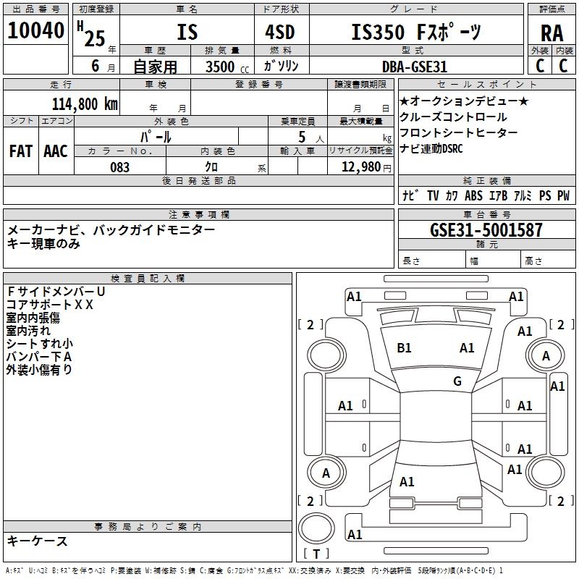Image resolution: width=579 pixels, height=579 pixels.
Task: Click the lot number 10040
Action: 35,31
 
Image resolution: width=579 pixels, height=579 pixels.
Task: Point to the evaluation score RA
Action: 551,33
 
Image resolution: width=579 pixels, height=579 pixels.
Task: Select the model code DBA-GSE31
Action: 415,67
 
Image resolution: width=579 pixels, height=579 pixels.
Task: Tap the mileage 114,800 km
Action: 85,103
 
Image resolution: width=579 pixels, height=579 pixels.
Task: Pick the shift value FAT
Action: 20,151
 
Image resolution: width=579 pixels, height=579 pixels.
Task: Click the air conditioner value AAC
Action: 55,151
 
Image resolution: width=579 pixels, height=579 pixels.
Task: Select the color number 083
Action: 119,167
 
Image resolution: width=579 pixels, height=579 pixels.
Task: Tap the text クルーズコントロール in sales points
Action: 453,117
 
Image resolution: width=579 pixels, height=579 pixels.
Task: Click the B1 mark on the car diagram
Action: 404,348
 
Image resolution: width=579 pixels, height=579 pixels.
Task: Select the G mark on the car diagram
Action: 457,381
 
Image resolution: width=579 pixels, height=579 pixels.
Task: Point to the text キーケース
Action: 38,541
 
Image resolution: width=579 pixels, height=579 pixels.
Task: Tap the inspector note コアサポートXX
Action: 50,304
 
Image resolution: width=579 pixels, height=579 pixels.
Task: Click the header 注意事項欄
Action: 199,215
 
